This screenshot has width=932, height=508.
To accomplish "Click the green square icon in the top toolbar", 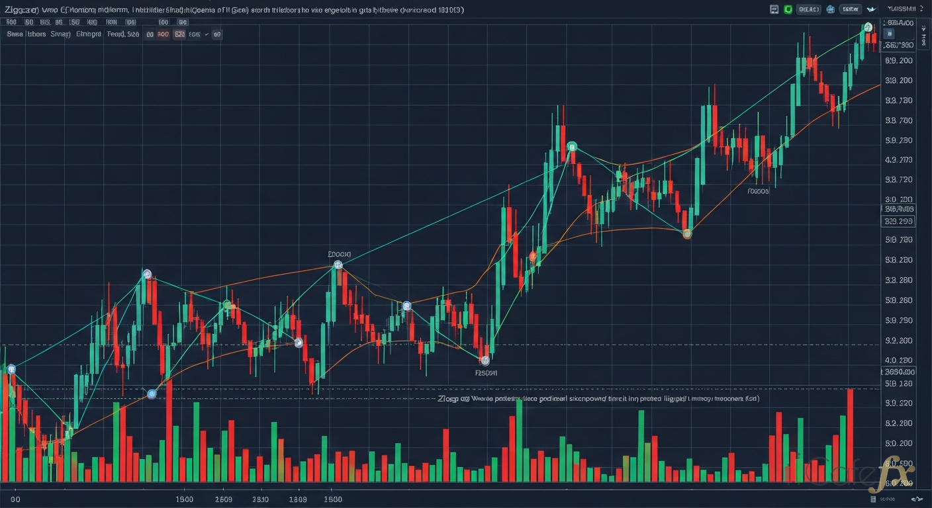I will (x=788, y=9).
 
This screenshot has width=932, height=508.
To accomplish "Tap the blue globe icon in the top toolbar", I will (x=830, y=9).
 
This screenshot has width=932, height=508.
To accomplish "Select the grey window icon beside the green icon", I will (x=774, y=9).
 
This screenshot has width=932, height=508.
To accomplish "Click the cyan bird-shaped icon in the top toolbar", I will (x=871, y=9).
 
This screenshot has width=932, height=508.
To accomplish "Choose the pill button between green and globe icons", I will (x=809, y=9).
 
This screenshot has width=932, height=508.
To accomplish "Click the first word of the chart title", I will (x=21, y=10).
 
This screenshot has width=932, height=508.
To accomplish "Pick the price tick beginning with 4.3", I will (x=899, y=160).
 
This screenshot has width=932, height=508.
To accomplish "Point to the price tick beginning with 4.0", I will (x=899, y=360).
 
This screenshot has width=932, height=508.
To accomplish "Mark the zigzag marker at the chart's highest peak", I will (x=866, y=28).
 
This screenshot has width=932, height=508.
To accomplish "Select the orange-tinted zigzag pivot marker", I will (x=687, y=233).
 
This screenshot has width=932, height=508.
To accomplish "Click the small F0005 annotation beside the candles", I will (x=758, y=190).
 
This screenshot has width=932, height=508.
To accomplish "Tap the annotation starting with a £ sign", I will (x=340, y=254).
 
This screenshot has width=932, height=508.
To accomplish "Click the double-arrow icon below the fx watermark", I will (x=916, y=499).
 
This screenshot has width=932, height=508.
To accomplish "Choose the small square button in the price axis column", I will (x=890, y=34).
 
